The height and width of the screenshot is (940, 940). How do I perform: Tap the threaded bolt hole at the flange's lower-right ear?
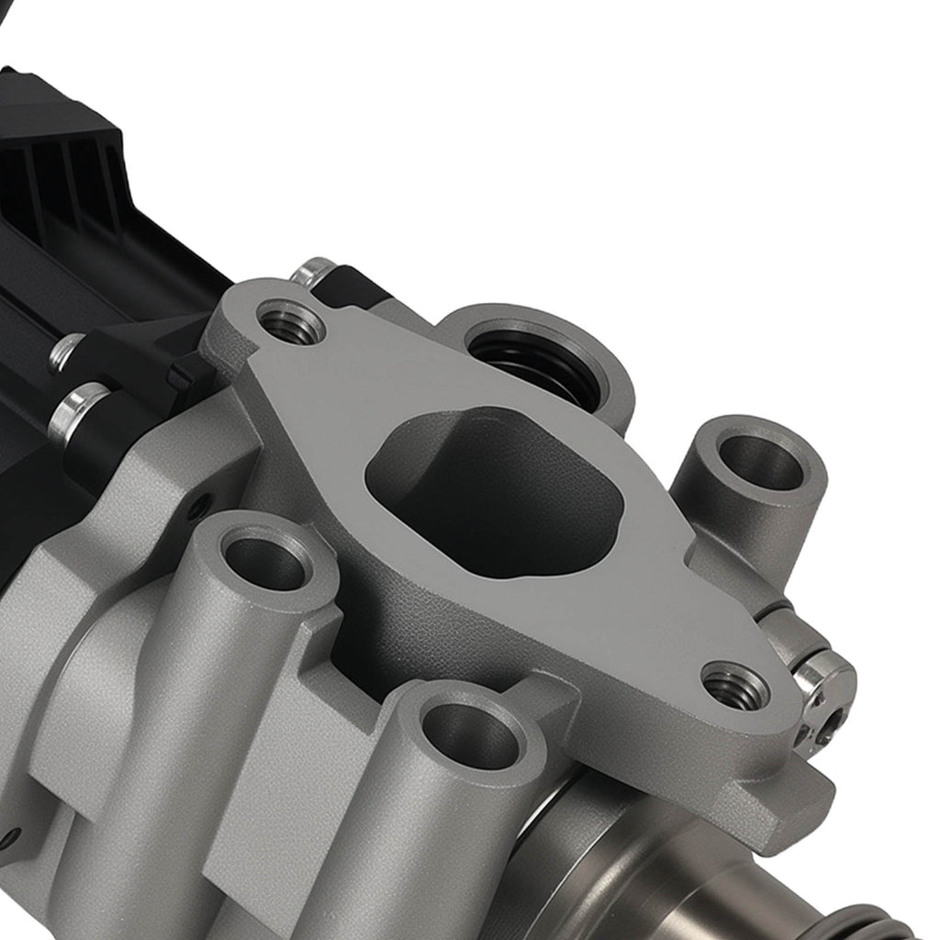tap(735, 687)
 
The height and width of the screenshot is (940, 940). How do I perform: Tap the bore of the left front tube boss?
tap(265, 562)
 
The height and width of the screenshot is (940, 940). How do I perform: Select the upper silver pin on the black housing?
tap(66, 352)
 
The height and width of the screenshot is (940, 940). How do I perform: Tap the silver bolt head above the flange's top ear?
tap(313, 271)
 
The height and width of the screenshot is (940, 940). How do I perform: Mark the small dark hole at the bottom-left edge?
tap(9, 837)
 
